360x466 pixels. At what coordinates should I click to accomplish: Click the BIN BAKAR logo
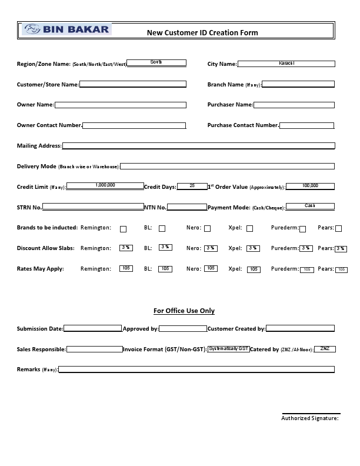[66, 29]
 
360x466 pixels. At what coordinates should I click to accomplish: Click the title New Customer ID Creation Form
[202, 33]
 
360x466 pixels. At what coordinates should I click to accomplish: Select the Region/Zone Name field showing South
[156, 62]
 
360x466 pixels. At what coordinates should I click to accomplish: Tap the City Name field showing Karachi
[286, 64]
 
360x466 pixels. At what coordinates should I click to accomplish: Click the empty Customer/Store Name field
[132, 84]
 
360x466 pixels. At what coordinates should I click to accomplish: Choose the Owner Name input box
[120, 105]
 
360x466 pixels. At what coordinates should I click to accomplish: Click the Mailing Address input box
[198, 145]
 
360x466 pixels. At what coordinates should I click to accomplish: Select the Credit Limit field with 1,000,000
[105, 186]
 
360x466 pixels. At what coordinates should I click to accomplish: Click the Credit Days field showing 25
[192, 186]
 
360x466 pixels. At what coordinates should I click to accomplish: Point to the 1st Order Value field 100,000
[310, 186]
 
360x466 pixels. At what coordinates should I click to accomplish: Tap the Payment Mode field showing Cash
[310, 207]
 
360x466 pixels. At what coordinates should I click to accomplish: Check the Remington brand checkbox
[123, 229]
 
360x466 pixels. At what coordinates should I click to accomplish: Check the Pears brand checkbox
[338, 229]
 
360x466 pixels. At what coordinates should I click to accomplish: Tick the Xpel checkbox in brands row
[249, 229]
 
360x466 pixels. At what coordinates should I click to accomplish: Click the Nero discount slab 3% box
[210, 248]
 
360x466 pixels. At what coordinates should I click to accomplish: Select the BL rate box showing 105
[165, 268]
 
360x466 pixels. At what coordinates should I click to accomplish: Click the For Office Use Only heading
[184, 311]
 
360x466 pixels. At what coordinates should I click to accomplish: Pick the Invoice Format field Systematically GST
[228, 349]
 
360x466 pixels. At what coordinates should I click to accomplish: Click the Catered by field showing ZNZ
[325, 349]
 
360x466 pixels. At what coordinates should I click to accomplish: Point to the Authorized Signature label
[309, 418]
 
